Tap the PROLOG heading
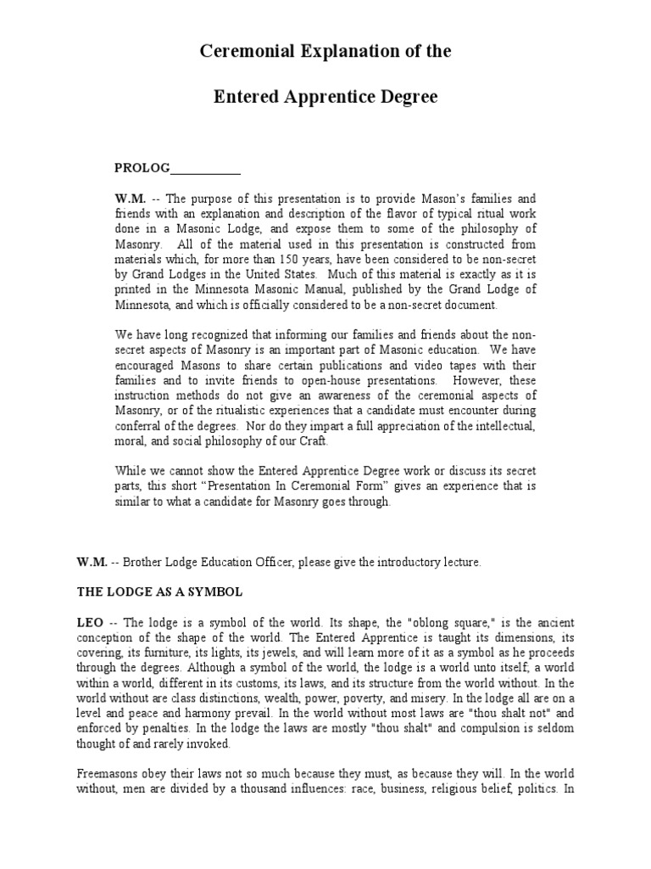(x=142, y=167)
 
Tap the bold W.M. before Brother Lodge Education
(x=92, y=562)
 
